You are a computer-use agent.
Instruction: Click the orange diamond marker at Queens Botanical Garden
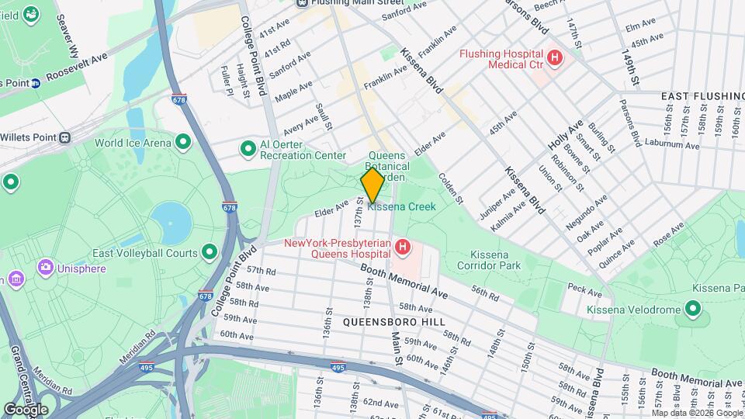(372, 185)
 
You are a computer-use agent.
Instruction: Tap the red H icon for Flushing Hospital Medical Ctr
(555, 57)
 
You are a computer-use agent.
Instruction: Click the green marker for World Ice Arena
(183, 142)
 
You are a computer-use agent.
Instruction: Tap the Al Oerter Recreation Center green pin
(248, 147)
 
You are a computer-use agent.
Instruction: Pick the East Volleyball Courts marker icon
(210, 252)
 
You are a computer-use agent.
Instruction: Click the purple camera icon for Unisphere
(46, 268)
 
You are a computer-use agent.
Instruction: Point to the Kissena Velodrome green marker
(692, 310)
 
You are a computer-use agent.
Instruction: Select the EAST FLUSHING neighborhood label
(702, 96)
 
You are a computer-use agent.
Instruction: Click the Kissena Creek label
(402, 206)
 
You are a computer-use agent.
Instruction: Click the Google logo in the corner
(26, 409)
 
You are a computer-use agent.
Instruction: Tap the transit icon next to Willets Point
(65, 137)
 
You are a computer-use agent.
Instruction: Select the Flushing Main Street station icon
(302, 3)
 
